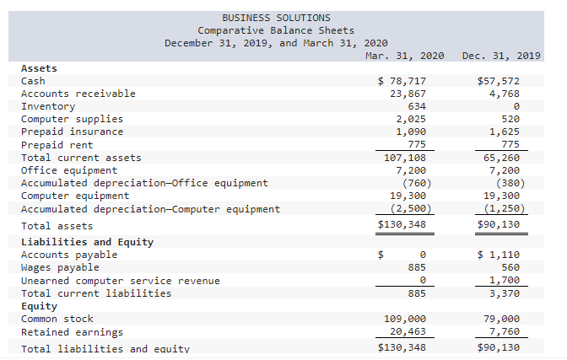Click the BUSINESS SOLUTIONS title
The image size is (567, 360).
(276, 18)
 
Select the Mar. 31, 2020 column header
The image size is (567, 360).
(405, 56)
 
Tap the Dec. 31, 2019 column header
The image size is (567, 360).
(502, 56)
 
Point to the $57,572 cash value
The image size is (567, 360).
(498, 81)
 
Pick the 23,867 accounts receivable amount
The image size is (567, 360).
(408, 94)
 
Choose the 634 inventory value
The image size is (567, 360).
(417, 106)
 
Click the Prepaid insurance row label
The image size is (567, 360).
(72, 132)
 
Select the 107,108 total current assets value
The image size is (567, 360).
(405, 158)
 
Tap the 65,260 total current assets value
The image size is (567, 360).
(501, 158)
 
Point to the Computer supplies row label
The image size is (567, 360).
(72, 119)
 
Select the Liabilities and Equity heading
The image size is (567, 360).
(87, 242)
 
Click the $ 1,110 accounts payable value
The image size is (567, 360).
(498, 255)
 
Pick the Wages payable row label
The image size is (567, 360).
(60, 267)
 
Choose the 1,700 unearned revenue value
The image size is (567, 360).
(505, 280)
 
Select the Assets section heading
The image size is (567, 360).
(39, 68)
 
